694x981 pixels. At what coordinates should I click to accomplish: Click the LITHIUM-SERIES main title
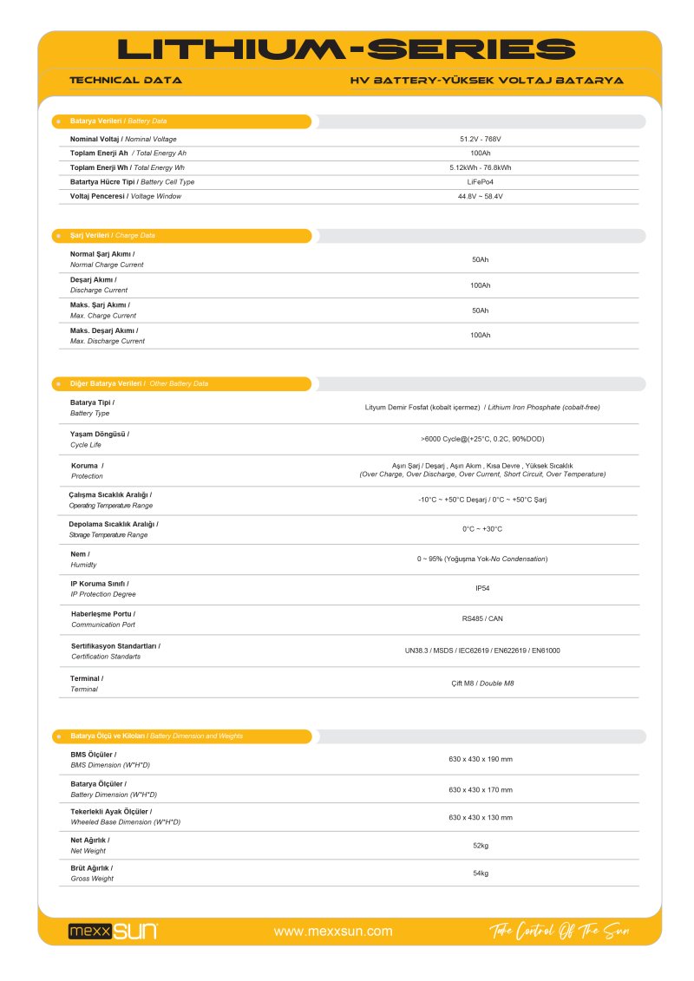[346, 49]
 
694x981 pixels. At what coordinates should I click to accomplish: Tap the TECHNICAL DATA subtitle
[126, 80]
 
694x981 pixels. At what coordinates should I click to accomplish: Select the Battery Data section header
[118, 121]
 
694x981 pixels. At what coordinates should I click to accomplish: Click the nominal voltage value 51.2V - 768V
[481, 139]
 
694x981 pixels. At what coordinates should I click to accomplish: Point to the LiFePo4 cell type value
[481, 182]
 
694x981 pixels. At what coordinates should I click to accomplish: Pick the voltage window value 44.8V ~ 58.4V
[481, 196]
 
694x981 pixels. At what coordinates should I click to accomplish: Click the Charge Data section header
[113, 236]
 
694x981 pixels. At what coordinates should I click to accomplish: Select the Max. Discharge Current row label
[108, 336]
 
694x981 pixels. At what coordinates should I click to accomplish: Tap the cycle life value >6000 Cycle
[482, 439]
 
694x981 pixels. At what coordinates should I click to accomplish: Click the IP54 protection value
[482, 588]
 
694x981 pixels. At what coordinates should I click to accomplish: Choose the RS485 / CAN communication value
[482, 618]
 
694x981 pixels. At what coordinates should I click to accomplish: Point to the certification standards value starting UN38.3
[482, 650]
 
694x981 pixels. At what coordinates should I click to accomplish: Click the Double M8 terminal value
[482, 683]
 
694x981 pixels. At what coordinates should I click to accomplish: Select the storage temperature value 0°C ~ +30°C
[482, 528]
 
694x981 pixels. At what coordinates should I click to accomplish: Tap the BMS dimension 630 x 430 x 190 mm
[481, 759]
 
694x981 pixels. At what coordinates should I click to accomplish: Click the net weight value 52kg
[481, 845]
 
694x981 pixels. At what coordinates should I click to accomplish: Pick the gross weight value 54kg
[481, 873]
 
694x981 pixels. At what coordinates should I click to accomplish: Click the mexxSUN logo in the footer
[113, 932]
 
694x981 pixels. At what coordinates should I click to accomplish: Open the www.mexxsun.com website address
[333, 932]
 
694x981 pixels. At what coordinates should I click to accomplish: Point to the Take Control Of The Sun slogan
[559, 932]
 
